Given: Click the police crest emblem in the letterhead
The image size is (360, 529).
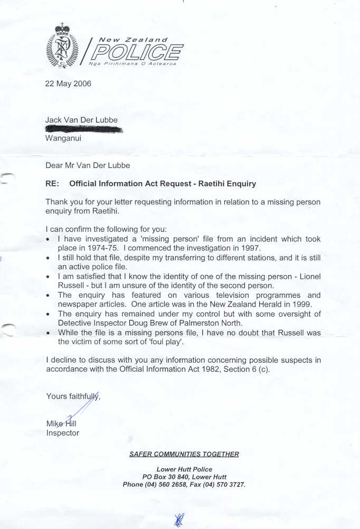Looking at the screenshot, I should coord(62,46).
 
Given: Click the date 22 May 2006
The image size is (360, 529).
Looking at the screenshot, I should coord(68,83).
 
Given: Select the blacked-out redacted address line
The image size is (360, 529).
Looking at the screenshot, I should coord(84,129).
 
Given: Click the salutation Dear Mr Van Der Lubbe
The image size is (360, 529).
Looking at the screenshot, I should coord(88,165).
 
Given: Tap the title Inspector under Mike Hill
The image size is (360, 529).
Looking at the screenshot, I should coord(63,433).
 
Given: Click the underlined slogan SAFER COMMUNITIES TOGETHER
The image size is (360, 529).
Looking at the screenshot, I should coord(184,454).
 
